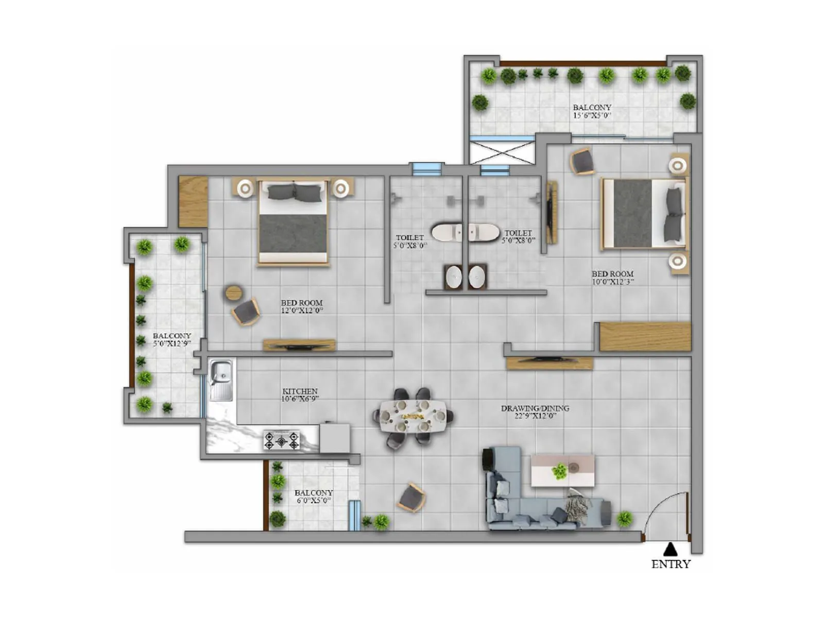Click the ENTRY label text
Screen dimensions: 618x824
[x=671, y=564]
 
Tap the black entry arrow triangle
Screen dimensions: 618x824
[x=670, y=549]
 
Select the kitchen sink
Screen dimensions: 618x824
[x=221, y=380]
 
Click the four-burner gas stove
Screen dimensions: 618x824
[x=281, y=440]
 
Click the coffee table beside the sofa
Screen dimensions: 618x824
[x=562, y=470]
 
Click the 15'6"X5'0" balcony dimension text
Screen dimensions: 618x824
[x=592, y=115]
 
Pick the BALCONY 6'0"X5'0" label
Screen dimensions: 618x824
[x=314, y=496]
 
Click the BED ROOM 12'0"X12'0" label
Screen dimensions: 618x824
[x=302, y=306]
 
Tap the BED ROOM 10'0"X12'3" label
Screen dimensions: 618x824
[x=612, y=278]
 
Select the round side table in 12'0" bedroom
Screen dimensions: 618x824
[x=233, y=293]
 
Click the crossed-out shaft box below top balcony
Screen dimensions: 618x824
[x=502, y=151]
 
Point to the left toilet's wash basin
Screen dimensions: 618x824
[x=454, y=277]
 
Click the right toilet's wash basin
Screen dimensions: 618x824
[x=477, y=277]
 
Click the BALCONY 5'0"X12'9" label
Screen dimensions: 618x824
[x=172, y=339]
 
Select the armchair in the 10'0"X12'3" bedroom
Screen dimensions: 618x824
[x=582, y=161]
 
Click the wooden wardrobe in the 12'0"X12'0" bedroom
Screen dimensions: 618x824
[x=193, y=201]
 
